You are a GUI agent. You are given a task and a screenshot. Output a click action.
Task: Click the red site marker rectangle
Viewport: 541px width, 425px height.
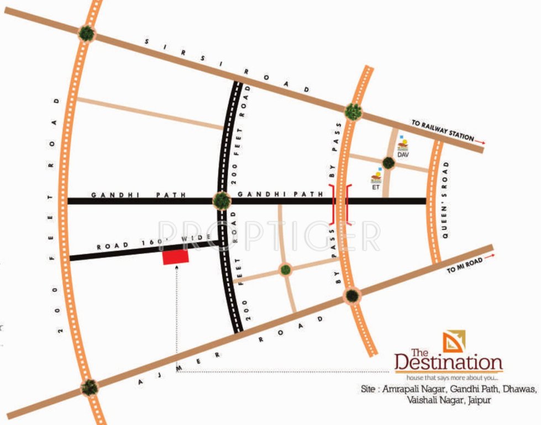pyautogui.click(x=175, y=256)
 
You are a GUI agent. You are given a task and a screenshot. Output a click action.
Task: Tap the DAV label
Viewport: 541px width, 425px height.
pyautogui.click(x=402, y=155)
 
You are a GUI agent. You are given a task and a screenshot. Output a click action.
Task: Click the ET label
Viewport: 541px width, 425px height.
pyautogui.click(x=375, y=187)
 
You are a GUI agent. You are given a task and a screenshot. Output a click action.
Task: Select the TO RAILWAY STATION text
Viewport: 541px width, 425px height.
pyautogui.click(x=442, y=129)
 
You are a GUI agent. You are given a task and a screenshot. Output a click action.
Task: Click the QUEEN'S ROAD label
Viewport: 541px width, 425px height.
pyautogui.click(x=445, y=200)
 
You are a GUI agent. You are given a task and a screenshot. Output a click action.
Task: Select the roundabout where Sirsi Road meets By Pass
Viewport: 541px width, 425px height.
pyautogui.click(x=353, y=111)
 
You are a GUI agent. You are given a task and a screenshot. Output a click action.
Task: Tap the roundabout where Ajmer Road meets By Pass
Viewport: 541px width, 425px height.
pyautogui.click(x=351, y=296)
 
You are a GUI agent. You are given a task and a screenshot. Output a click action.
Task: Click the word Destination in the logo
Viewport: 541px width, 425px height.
pyautogui.click(x=448, y=364)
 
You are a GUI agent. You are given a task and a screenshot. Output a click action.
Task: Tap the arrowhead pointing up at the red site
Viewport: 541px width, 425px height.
pyautogui.click(x=176, y=268)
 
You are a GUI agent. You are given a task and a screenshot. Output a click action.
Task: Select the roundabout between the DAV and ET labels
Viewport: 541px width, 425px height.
pyautogui.click(x=388, y=163)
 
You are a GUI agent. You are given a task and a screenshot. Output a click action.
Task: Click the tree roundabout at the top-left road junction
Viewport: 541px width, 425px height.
pyautogui.click(x=86, y=33)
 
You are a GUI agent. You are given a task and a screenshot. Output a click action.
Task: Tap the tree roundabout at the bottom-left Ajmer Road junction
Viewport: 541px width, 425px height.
pyautogui.click(x=89, y=387)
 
